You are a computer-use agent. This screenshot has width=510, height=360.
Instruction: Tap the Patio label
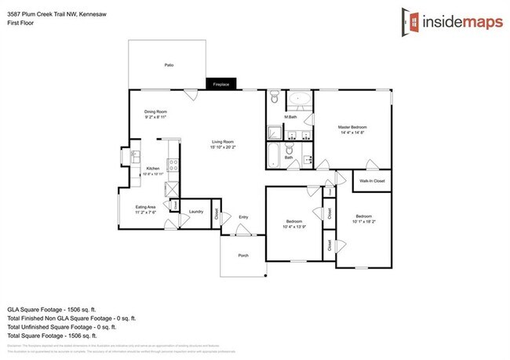(169, 65)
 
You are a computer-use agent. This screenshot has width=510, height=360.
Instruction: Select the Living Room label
(223, 141)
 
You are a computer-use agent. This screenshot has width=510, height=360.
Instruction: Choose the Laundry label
(196, 212)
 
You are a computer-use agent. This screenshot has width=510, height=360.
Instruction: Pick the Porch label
(243, 255)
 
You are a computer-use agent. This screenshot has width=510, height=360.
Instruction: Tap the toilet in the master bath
(274, 98)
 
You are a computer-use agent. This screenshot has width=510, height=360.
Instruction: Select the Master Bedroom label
(352, 127)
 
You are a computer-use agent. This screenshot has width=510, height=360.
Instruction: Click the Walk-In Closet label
(371, 181)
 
